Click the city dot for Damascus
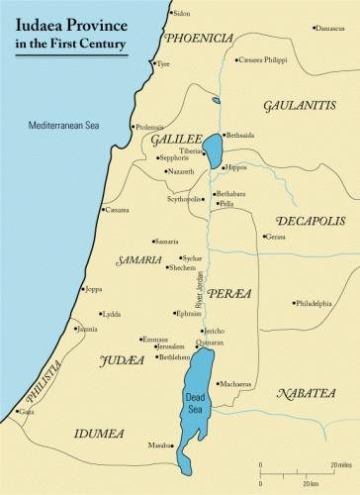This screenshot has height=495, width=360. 315,28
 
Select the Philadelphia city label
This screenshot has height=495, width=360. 314,303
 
